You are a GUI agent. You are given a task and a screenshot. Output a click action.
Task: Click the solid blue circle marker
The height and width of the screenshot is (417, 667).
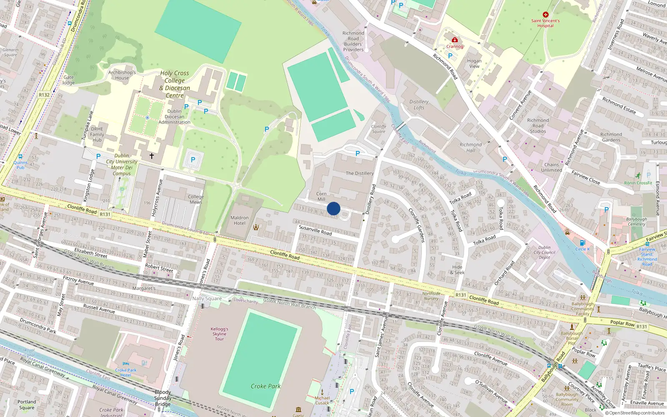coord(333,208)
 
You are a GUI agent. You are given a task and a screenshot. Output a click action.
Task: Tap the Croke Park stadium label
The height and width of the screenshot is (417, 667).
coord(266,386)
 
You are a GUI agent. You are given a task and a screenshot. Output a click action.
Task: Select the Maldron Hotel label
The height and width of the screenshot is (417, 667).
coord(239,220)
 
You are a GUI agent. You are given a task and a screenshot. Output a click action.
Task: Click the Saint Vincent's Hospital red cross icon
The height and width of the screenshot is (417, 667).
coord(545,15)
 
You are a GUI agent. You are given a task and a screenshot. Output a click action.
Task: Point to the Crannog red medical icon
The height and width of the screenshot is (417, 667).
coord(455,40)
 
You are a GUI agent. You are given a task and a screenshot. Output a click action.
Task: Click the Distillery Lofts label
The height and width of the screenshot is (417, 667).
coord(419,105)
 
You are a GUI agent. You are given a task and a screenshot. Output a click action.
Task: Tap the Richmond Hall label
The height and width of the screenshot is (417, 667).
coord(471,148)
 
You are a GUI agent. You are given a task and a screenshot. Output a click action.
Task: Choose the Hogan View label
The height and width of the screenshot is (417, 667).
coord(474,63)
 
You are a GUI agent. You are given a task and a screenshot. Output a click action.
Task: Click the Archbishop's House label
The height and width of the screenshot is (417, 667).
coord(122,75)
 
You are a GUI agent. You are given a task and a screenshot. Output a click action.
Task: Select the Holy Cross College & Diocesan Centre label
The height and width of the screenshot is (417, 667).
coord(175,84)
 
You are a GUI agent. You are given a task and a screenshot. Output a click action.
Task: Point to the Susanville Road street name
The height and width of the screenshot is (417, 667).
coord(315,230)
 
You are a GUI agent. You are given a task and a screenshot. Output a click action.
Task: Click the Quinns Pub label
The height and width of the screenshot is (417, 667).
coord(20,165)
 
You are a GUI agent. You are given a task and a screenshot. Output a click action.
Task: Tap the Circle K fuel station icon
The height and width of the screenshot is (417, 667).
coord(582,243)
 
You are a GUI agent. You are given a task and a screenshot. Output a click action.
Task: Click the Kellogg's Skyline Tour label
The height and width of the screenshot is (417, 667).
coord(219,334)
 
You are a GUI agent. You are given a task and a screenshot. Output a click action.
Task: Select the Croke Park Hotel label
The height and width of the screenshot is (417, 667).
coord(126,372)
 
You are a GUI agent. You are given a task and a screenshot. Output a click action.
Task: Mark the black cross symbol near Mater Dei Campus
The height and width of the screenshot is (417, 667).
coord(152,156)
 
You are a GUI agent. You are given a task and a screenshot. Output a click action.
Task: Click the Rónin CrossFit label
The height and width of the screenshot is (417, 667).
coord(638,183)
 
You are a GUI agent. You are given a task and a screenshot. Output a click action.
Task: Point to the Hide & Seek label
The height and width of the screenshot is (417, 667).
coord(457,270)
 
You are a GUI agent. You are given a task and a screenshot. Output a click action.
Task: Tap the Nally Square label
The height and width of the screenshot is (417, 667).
coord(207,298)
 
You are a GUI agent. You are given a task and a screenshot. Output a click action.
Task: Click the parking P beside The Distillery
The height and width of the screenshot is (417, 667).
coord(358,153)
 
